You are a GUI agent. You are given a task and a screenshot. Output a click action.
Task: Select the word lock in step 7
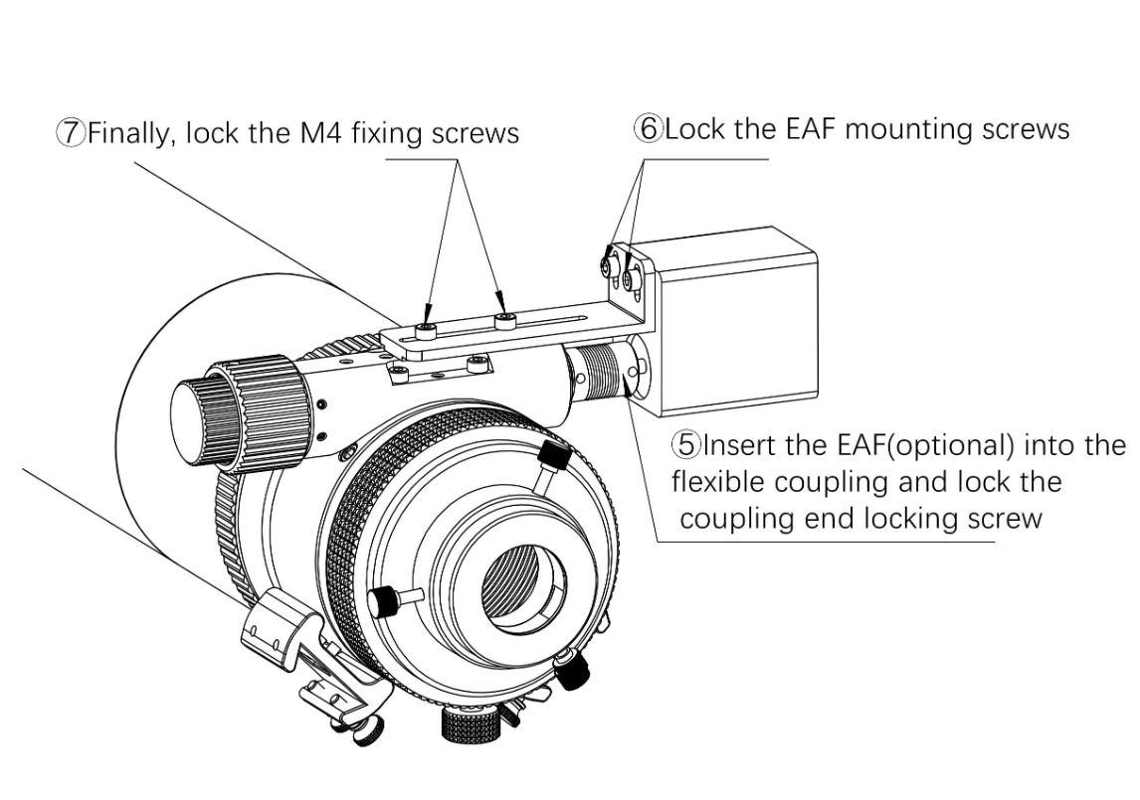click(x=214, y=133)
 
